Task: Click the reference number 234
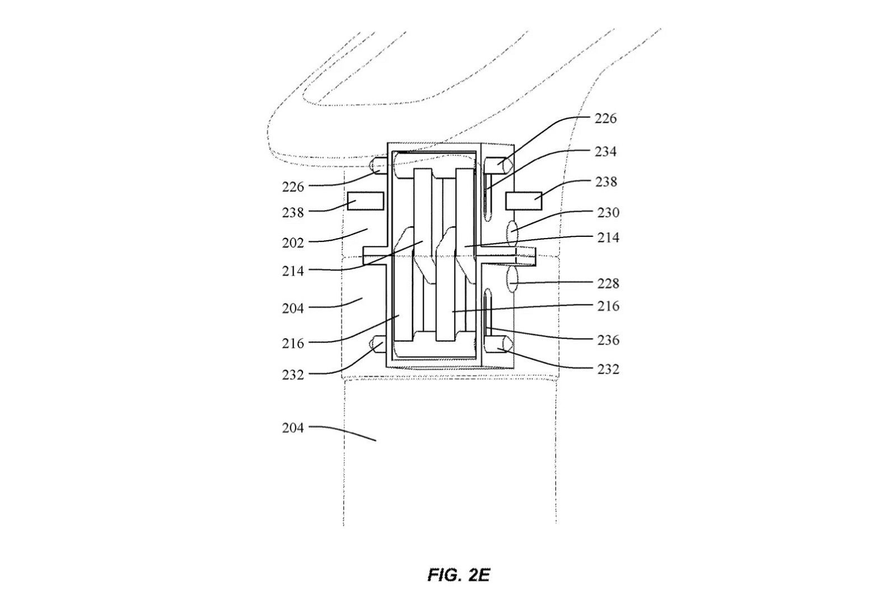coord(605,152)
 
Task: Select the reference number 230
coord(608,212)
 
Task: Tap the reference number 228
coord(608,284)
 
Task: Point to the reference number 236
coord(608,340)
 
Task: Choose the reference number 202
coord(293,243)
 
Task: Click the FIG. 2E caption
coord(459,575)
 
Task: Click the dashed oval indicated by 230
coord(512,233)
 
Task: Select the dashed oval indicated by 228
coord(512,279)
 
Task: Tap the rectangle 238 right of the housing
coord(524,201)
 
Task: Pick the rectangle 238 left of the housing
coord(366,201)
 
